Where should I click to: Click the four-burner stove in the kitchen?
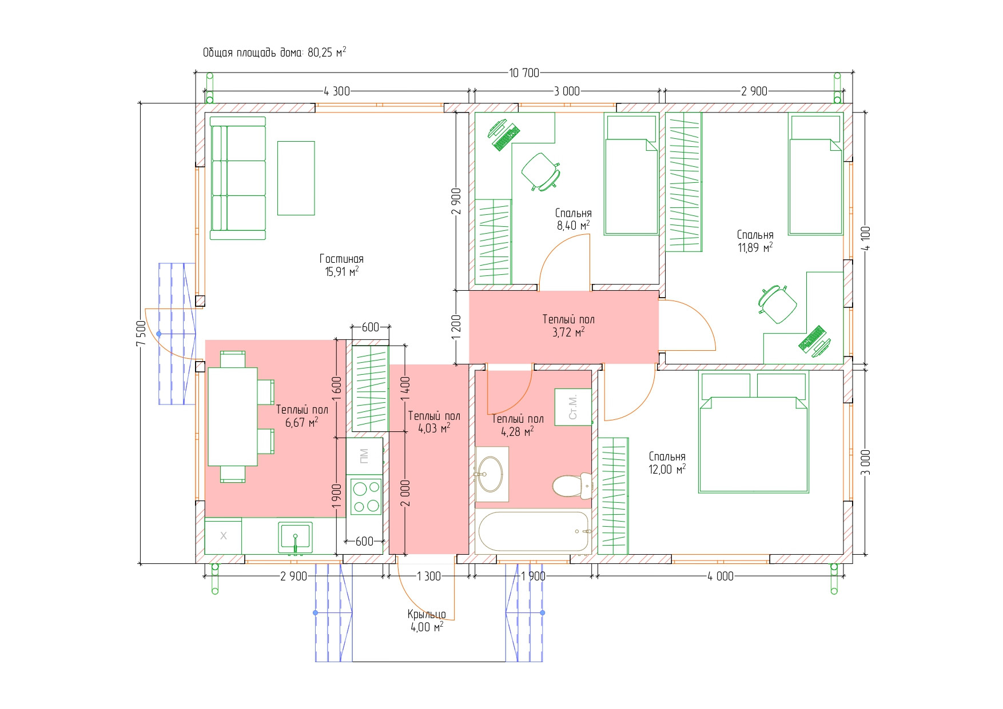[365, 496]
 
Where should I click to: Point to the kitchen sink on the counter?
[295, 536]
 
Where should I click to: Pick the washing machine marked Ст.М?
[572, 407]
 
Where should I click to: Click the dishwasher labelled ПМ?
[364, 455]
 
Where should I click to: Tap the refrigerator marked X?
[223, 536]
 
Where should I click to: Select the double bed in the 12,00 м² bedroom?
[753, 432]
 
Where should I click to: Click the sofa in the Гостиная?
[238, 178]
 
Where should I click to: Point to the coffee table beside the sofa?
[296, 178]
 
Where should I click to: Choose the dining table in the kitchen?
[233, 416]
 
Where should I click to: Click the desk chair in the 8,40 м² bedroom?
[540, 170]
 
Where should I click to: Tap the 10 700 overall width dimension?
[524, 73]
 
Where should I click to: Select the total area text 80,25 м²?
[274, 53]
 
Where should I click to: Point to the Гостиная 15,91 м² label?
[341, 266]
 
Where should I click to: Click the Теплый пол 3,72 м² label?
[568, 326]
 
